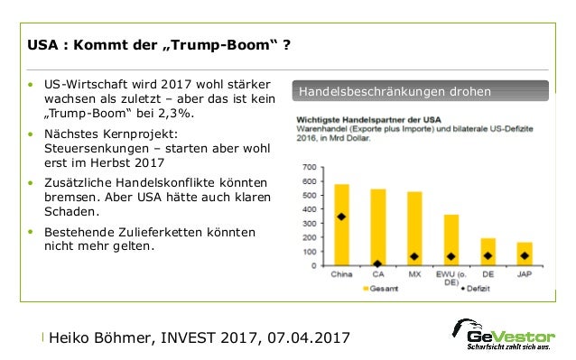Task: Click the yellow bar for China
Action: click(342, 226)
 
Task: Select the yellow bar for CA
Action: click(378, 227)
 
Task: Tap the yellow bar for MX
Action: click(414, 229)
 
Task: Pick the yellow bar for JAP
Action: click(525, 254)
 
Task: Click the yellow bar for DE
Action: click(488, 252)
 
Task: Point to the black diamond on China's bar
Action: click(342, 217)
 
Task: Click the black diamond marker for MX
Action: click(414, 256)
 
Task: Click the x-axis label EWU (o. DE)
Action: click(451, 278)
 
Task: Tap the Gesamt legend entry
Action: click(380, 290)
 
